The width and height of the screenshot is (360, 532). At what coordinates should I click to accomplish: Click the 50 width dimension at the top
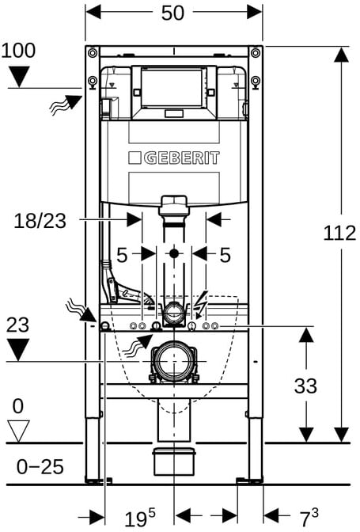[x=172, y=13]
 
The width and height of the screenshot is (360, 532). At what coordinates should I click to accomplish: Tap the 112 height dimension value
[x=339, y=233]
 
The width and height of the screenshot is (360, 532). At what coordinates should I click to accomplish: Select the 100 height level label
[x=18, y=50]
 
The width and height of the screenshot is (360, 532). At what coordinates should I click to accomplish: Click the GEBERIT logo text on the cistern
[x=174, y=158]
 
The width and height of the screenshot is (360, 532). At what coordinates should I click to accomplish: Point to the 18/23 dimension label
[x=40, y=221]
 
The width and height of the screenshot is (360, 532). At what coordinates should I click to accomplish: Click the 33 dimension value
[x=305, y=386]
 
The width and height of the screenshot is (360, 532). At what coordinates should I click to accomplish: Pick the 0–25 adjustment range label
[x=40, y=467]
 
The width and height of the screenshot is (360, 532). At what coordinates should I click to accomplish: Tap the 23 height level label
[x=17, y=325]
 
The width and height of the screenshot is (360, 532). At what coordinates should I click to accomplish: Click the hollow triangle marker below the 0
[x=18, y=430]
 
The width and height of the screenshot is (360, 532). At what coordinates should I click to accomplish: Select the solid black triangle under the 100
[x=19, y=76]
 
